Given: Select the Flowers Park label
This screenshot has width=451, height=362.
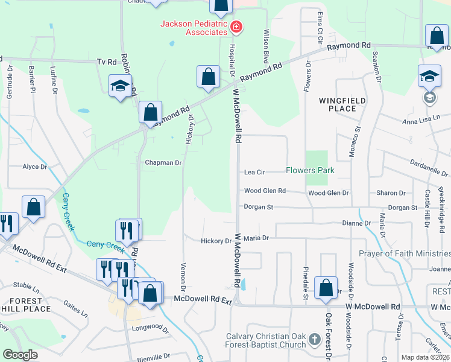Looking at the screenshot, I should click(x=310, y=171).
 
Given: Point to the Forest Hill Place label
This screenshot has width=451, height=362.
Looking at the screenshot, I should click(x=25, y=305).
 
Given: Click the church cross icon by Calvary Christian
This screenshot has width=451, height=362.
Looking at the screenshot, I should click(x=314, y=340).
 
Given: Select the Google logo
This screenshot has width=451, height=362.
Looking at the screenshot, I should click(x=20, y=355).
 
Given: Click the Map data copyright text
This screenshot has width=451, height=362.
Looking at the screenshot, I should click(x=424, y=357).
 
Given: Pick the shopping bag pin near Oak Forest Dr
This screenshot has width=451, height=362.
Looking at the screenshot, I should click(x=326, y=290).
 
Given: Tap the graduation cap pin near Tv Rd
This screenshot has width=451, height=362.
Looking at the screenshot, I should click(x=120, y=86).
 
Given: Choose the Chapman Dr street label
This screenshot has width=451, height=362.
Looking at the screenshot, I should click(x=163, y=163).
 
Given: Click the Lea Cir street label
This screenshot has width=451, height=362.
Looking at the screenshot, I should click(x=254, y=172).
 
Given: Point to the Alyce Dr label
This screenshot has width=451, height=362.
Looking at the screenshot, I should click(x=34, y=167).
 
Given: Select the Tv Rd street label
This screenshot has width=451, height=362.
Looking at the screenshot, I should click(x=106, y=62).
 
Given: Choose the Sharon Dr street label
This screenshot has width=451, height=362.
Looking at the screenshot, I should click(x=391, y=193).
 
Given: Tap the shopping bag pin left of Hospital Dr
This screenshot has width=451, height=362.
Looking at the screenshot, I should click(x=208, y=77).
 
